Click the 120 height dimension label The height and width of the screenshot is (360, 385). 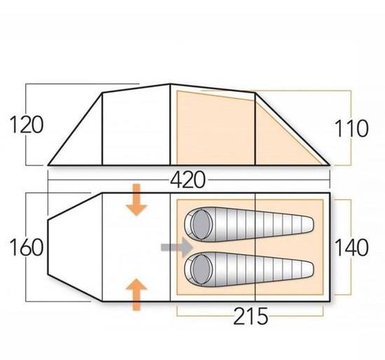point(26,125)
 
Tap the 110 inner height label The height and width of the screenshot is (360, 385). point(351,128)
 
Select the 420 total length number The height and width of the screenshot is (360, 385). point(187,180)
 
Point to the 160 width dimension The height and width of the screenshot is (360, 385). point(26,247)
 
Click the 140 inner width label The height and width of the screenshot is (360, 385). point(351,247)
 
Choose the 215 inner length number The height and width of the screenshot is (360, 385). point(250,316)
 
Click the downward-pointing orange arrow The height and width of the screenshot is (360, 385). point(136,199)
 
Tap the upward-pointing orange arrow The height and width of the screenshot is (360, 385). point(136,295)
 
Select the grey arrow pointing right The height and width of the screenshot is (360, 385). point(177,247)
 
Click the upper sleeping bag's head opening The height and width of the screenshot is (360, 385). point(201,225)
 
